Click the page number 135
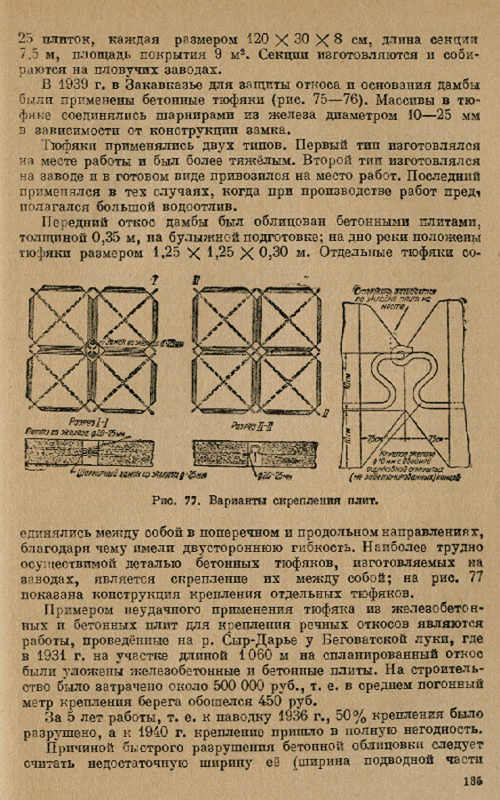(x=470, y=781)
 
